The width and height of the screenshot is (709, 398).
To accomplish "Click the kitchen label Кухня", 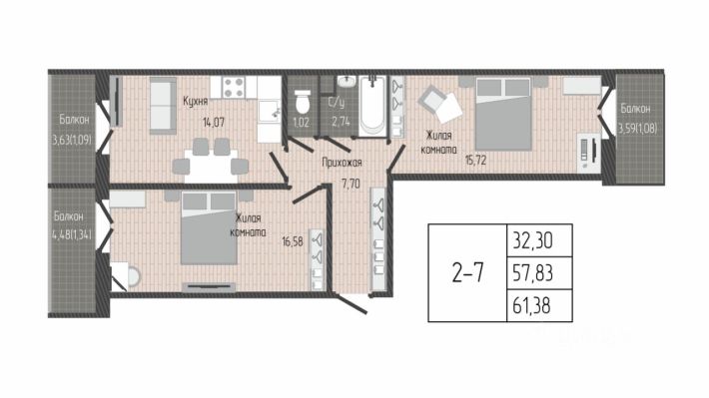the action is point(195,101).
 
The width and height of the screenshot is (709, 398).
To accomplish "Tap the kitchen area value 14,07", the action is point(214,122).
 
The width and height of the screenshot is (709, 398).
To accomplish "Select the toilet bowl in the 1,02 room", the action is point(303,102).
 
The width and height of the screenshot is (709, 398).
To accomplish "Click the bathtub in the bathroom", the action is point(373,106).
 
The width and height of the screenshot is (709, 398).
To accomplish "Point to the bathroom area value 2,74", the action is point(341,121).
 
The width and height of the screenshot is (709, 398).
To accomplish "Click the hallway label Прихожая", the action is point(342,163).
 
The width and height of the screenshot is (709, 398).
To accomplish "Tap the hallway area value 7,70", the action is point(351,184).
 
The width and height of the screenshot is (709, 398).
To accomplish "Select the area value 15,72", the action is point(475,160).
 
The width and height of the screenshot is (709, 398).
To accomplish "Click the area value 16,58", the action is point(293,241).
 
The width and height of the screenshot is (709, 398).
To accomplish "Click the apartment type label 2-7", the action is point(467,273).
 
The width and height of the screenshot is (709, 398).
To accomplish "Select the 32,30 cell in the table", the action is point(540,240).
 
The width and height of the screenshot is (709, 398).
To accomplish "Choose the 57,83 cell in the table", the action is point(540,273).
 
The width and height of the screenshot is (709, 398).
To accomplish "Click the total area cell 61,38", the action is point(540,306).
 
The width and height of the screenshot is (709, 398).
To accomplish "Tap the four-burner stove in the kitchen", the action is point(234,87).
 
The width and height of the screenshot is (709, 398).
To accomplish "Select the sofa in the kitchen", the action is point(163,106).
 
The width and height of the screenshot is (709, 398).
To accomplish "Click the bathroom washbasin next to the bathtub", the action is point(348,82).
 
